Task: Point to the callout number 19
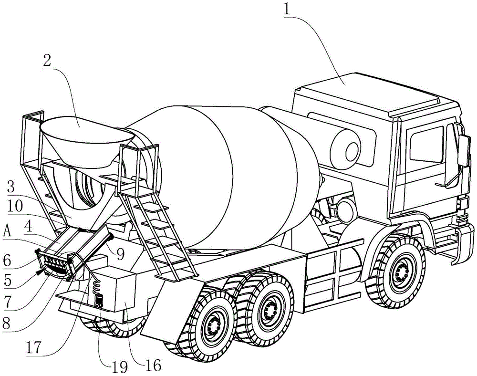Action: (x=118, y=367)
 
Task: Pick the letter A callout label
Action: (x=7, y=233)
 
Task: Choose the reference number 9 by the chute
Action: (x=121, y=255)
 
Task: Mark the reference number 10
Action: (x=15, y=207)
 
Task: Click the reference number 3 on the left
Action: (x=11, y=188)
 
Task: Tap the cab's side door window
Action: (x=426, y=144)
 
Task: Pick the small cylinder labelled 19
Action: (x=98, y=301)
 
